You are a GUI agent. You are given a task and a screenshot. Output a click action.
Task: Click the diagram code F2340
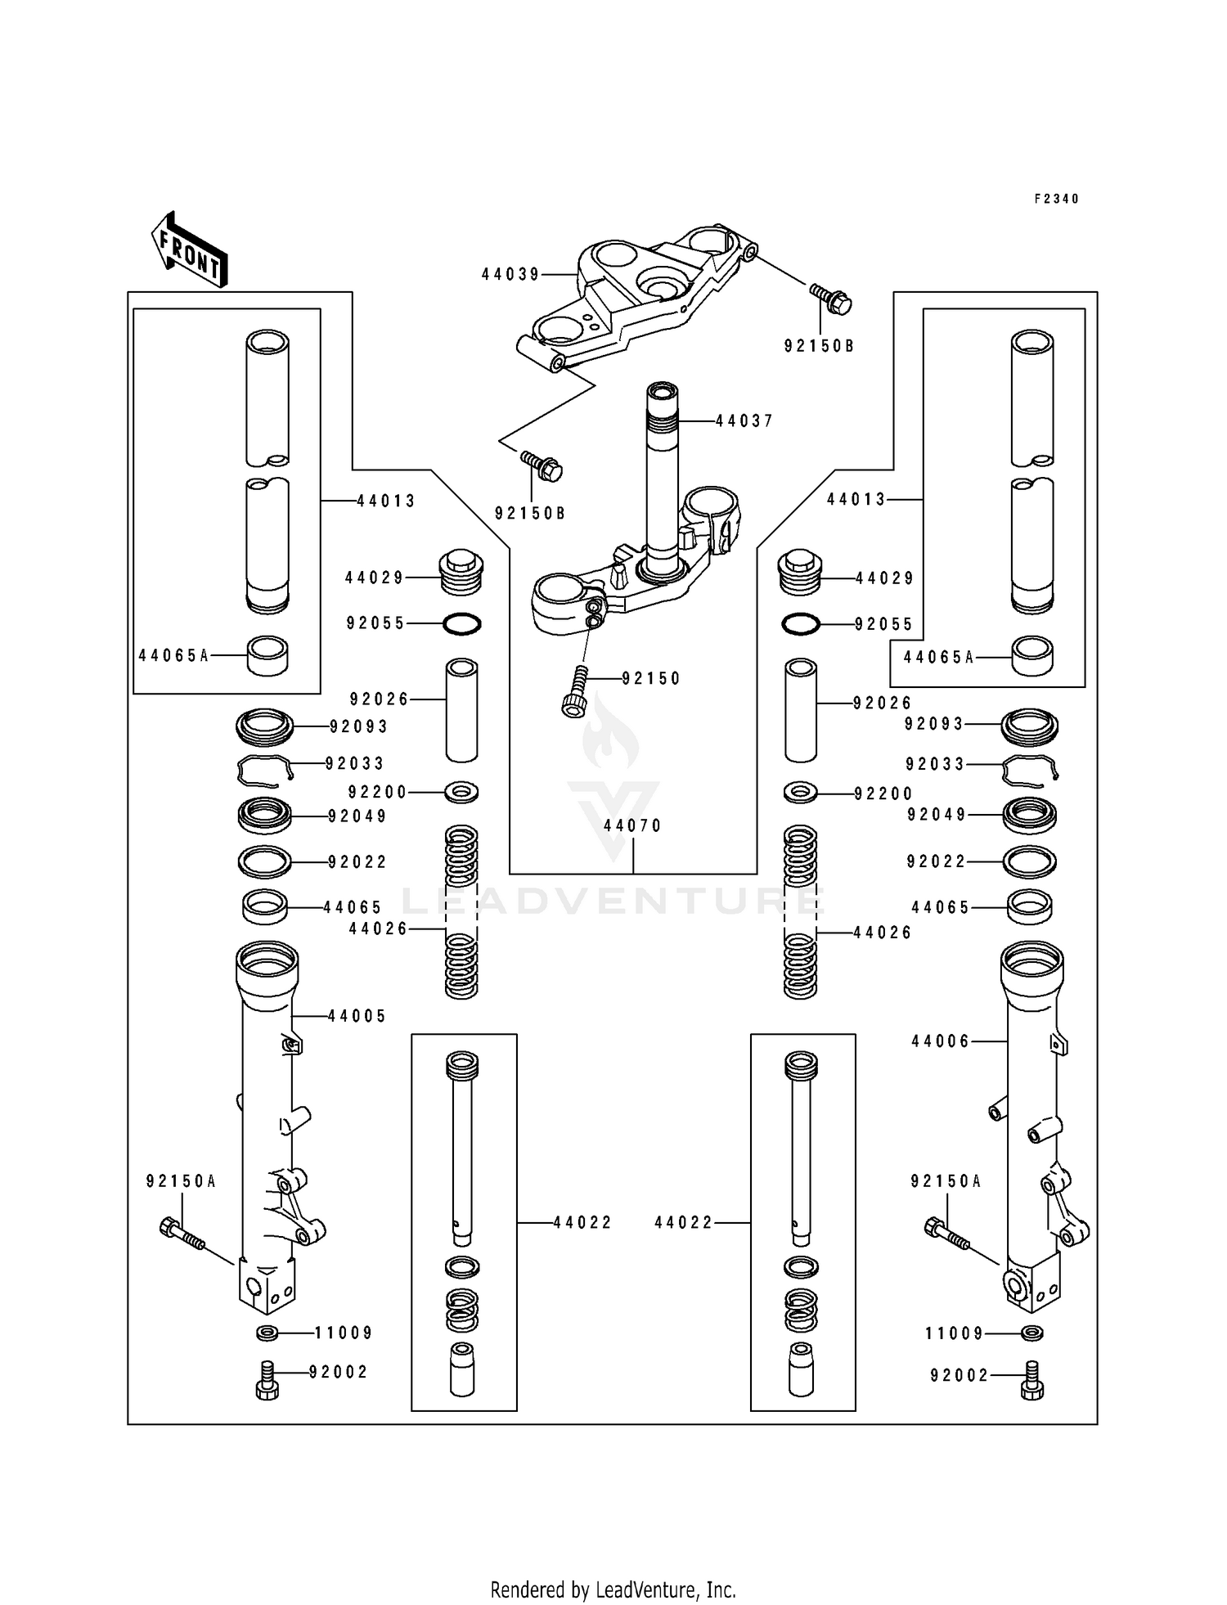pyautogui.click(x=1056, y=199)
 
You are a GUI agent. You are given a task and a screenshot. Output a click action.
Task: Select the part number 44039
pyautogui.click(x=510, y=275)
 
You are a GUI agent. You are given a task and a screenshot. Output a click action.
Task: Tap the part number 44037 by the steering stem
pyautogui.click(x=744, y=420)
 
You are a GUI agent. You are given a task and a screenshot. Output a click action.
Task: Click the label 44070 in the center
pyautogui.click(x=632, y=825)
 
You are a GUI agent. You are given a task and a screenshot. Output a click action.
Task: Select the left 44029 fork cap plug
pyautogui.click(x=461, y=573)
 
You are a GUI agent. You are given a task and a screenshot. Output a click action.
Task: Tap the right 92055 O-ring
pyautogui.click(x=800, y=625)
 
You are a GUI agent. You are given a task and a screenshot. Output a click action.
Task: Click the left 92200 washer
pyautogui.click(x=462, y=792)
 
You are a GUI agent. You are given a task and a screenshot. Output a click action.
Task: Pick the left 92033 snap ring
pyautogui.click(x=264, y=769)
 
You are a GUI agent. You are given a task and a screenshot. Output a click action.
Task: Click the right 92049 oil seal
pyautogui.click(x=1030, y=815)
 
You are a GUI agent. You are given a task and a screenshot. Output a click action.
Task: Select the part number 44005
pyautogui.click(x=357, y=1016)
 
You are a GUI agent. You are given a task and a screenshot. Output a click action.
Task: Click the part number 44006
pyautogui.click(x=941, y=1041)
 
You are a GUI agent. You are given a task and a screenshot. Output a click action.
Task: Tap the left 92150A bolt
pyautogui.click(x=182, y=1233)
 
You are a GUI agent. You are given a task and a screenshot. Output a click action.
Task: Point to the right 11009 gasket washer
pyautogui.click(x=1032, y=1333)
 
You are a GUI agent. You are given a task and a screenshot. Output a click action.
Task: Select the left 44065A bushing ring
pyautogui.click(x=267, y=656)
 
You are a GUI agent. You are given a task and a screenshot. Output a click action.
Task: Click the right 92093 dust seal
pyautogui.click(x=1030, y=725)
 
